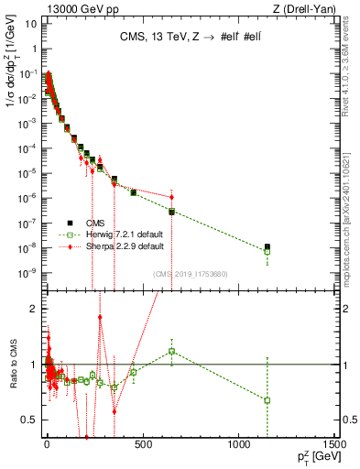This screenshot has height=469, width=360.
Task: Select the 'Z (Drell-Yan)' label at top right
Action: pos(306,8)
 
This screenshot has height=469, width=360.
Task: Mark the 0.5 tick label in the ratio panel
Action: pos(28,420)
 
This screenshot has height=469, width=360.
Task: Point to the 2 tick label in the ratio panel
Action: pos(33,309)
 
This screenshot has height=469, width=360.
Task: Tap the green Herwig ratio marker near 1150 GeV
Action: pos(267,399)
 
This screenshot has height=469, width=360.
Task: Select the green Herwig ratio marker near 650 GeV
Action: pos(171,351)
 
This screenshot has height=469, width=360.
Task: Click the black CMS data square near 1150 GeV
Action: pos(267,246)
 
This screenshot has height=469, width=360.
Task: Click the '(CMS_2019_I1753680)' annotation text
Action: pos(189,274)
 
